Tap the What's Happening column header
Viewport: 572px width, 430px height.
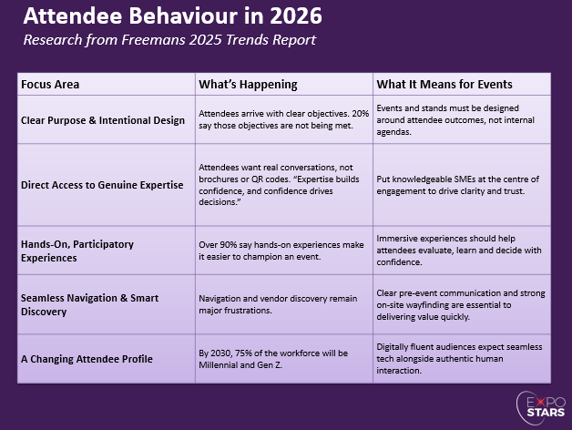coord(248,85)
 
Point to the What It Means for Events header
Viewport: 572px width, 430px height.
coord(444,85)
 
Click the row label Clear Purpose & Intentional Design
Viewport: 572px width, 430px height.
coord(102,119)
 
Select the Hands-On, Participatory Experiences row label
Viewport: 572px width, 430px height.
coord(77,251)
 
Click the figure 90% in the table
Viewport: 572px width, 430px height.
coord(229,245)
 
